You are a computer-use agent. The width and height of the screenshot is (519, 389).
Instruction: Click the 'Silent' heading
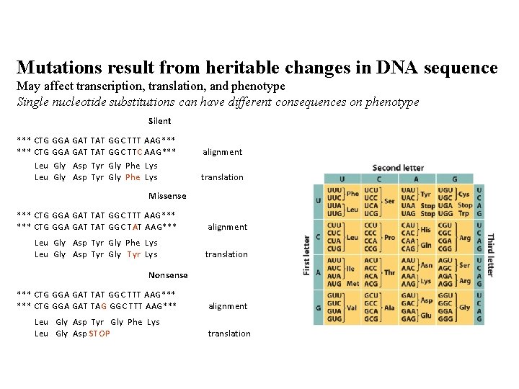pyautogui.click(x=159, y=121)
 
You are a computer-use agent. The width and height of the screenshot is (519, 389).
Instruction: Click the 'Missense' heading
pyautogui.click(x=167, y=196)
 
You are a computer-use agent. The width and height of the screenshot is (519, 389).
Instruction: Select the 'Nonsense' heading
pyautogui.click(x=167, y=274)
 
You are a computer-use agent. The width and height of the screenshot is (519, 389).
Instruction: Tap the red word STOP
pyautogui.click(x=99, y=334)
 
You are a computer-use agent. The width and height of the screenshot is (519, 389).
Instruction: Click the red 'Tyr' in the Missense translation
pyautogui.click(x=133, y=254)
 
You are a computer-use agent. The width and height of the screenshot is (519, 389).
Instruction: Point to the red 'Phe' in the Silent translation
pyautogui.click(x=133, y=177)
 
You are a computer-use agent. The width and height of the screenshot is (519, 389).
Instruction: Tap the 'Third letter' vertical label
pyautogui.click(x=491, y=254)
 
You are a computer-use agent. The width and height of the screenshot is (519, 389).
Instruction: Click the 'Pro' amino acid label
pyautogui.click(x=389, y=236)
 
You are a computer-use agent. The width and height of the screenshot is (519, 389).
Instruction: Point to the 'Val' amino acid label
pyautogui.click(x=352, y=306)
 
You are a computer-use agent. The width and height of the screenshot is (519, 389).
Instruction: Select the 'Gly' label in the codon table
pyautogui.click(x=465, y=306)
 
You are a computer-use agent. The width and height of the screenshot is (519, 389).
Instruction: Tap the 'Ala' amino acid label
pyautogui.click(x=390, y=306)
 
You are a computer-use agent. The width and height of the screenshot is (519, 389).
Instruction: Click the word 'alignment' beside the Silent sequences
pyautogui.click(x=222, y=152)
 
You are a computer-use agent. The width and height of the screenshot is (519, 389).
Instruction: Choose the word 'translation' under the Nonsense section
pyautogui.click(x=229, y=334)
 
